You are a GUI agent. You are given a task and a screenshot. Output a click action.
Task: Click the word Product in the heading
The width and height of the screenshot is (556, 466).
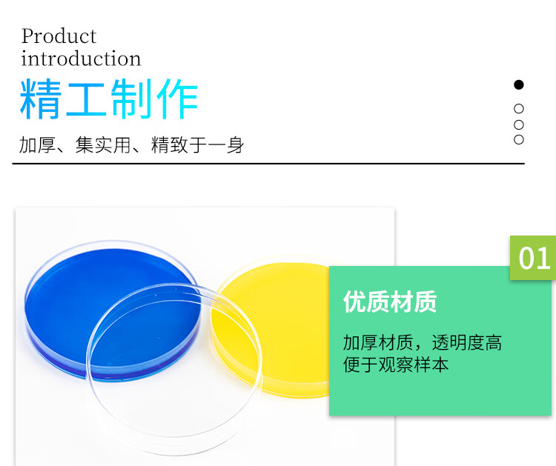pos(59,36)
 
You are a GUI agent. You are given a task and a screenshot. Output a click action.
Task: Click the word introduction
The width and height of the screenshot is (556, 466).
pos(81,59)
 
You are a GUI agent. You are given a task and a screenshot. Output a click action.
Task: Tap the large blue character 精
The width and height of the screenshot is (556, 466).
pos(41,99)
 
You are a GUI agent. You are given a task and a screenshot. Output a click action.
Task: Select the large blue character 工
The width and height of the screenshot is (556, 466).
pos(86,99)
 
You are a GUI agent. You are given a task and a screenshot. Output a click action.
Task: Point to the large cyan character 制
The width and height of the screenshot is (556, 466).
pos(131,99)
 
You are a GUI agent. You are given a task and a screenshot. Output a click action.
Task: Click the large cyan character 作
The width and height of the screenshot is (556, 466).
pos(177,99)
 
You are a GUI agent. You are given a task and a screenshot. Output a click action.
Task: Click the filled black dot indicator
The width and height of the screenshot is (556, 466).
pos(519,84)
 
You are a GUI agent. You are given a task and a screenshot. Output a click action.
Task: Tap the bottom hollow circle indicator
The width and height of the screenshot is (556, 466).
pos(519,139)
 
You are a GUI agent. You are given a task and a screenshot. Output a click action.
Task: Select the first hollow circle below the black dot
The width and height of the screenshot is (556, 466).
pos(519,109)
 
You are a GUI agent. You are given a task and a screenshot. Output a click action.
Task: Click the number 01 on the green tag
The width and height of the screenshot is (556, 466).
pos(534,259)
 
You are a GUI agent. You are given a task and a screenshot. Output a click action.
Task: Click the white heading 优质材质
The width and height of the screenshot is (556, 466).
pos(390,302)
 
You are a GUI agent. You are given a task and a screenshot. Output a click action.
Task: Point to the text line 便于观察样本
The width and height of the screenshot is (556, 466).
pos(396,365)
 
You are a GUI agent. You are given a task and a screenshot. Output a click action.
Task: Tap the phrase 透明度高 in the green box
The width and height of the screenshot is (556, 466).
pos(467,343)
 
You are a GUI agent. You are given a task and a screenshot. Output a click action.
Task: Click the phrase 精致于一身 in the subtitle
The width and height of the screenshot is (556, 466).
pos(197,145)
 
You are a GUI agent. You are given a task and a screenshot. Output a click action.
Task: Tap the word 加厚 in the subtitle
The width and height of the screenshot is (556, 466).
pos(37,145)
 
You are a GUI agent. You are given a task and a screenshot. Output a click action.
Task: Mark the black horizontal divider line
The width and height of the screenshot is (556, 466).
pos(268,164)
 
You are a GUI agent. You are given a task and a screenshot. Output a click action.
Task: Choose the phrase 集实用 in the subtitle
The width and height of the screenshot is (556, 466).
pos(103,145)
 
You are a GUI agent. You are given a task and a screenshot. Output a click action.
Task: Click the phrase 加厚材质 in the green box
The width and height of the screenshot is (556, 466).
pos(378,343)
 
